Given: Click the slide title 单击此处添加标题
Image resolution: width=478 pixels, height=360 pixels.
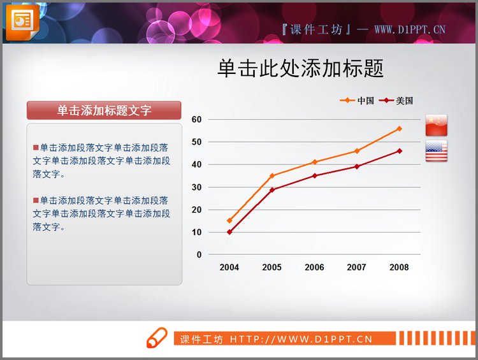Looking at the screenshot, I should point(300,68).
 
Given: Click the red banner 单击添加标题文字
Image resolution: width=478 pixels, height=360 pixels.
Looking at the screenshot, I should point(104,110).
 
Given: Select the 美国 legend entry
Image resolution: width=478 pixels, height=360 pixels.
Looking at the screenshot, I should point(396,101).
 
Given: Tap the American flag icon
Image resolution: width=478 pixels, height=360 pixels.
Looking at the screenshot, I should point(437,151).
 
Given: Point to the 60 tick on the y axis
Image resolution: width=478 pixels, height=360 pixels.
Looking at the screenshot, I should point(196,119).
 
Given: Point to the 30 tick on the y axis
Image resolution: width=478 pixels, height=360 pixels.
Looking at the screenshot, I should point(196,187).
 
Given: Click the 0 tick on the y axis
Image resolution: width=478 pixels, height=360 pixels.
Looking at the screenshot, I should point(199,255).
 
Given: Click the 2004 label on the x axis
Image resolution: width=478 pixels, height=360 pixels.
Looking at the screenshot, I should point(229,268).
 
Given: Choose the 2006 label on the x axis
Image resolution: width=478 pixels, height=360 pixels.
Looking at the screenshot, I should point(314,268).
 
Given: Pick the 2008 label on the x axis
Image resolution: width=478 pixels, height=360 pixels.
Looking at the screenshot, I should point(399,268).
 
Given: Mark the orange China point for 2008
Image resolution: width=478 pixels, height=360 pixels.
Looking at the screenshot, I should point(400,129).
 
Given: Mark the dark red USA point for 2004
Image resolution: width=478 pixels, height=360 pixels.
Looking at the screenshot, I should point(229,232).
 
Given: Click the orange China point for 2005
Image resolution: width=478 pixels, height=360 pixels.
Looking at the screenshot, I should point(272,176).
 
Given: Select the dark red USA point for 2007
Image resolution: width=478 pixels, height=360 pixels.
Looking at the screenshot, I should point(357,166).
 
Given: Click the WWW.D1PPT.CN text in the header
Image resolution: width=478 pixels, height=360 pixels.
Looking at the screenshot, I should point(409,29).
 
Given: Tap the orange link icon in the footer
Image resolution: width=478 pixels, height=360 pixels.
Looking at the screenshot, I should point(156,338).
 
